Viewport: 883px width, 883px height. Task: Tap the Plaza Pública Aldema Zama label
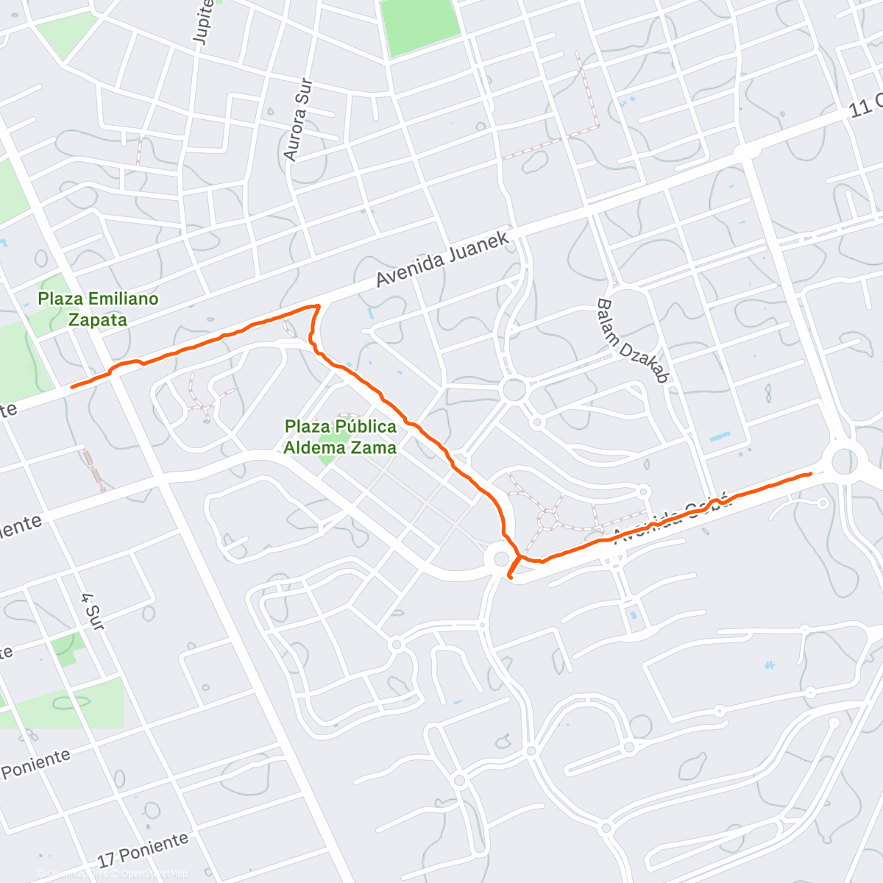pos(340,436)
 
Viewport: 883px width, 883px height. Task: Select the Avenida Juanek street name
pos(443,260)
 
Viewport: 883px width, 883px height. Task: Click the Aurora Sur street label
pos(298,120)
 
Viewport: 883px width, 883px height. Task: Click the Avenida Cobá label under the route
pos(673,519)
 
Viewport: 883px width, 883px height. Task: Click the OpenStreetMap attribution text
pos(155,873)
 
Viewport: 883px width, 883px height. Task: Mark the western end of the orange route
pos(72,386)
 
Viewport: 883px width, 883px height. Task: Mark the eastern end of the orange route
pos(810,474)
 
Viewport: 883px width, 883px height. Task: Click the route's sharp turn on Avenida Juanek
pos(318,305)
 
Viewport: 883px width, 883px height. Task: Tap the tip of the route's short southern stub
pos(511,578)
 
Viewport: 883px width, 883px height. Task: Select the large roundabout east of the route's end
pos(844,462)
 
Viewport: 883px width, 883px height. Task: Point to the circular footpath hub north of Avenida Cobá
pos(547,519)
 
